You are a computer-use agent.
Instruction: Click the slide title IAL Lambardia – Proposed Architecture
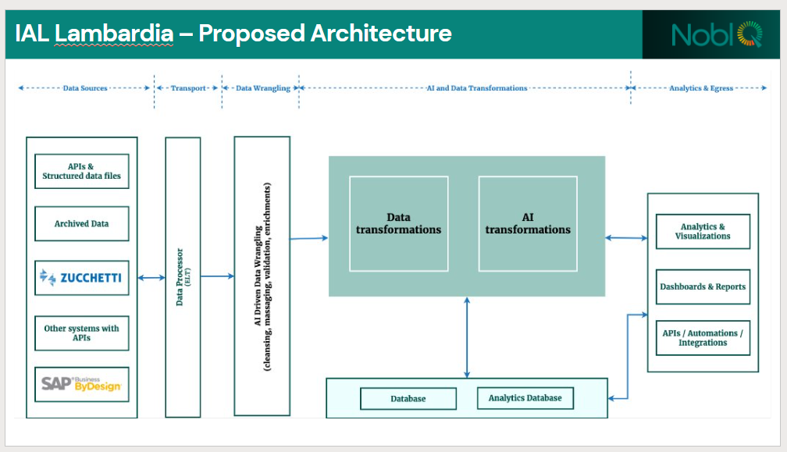[x=233, y=34]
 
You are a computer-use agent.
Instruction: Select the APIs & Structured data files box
[x=81, y=171]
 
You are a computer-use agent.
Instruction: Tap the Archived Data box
[x=81, y=223]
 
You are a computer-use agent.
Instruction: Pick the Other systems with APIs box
[x=81, y=333]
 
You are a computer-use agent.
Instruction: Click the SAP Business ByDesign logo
[x=81, y=385]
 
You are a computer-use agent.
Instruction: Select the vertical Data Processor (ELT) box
[x=183, y=277]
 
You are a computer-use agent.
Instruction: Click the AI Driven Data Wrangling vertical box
[x=262, y=276]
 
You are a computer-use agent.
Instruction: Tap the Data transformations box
[x=398, y=223]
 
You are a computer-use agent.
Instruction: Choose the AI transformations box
[x=528, y=223]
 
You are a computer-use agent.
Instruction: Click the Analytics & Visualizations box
[x=703, y=232]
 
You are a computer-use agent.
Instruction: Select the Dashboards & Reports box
[x=703, y=287]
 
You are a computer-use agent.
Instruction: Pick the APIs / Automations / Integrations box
[x=703, y=337]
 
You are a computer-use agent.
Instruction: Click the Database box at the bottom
[x=408, y=399]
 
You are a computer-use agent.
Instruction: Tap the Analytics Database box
[x=525, y=398]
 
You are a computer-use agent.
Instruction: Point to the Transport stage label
[x=188, y=88]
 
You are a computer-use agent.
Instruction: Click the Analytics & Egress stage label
[x=700, y=88]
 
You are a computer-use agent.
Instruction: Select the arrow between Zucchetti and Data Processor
[x=151, y=277]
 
